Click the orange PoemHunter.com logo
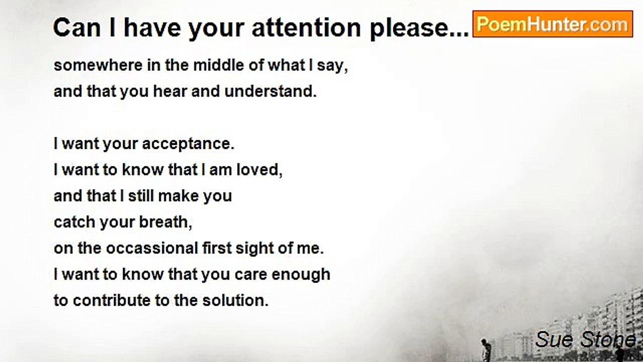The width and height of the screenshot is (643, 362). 553,24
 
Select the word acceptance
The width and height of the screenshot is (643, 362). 188,144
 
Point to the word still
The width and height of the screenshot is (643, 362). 141,196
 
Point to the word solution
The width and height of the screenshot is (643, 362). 235,301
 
